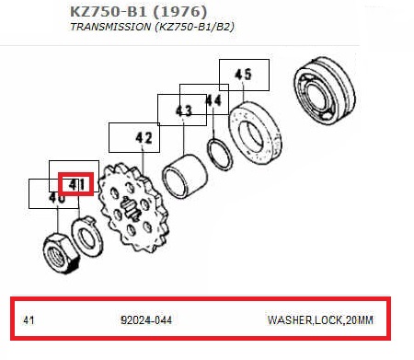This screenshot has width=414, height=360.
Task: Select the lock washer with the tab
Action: [86, 237]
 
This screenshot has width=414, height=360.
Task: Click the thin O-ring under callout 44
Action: [219, 155]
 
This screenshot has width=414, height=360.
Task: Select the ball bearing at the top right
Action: [324, 89]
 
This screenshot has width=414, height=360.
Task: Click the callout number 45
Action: [243, 75]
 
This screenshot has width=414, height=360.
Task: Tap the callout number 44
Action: [213, 100]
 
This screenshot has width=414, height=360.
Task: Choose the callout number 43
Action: [184, 110]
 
